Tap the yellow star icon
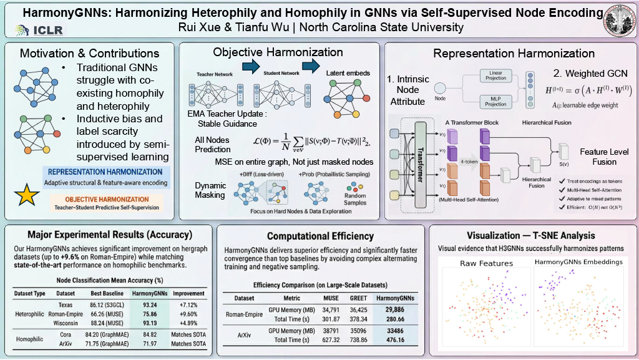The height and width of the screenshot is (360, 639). click(26, 196)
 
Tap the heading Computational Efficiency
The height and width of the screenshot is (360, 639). click(320, 236)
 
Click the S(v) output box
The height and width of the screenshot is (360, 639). click(564, 150)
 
